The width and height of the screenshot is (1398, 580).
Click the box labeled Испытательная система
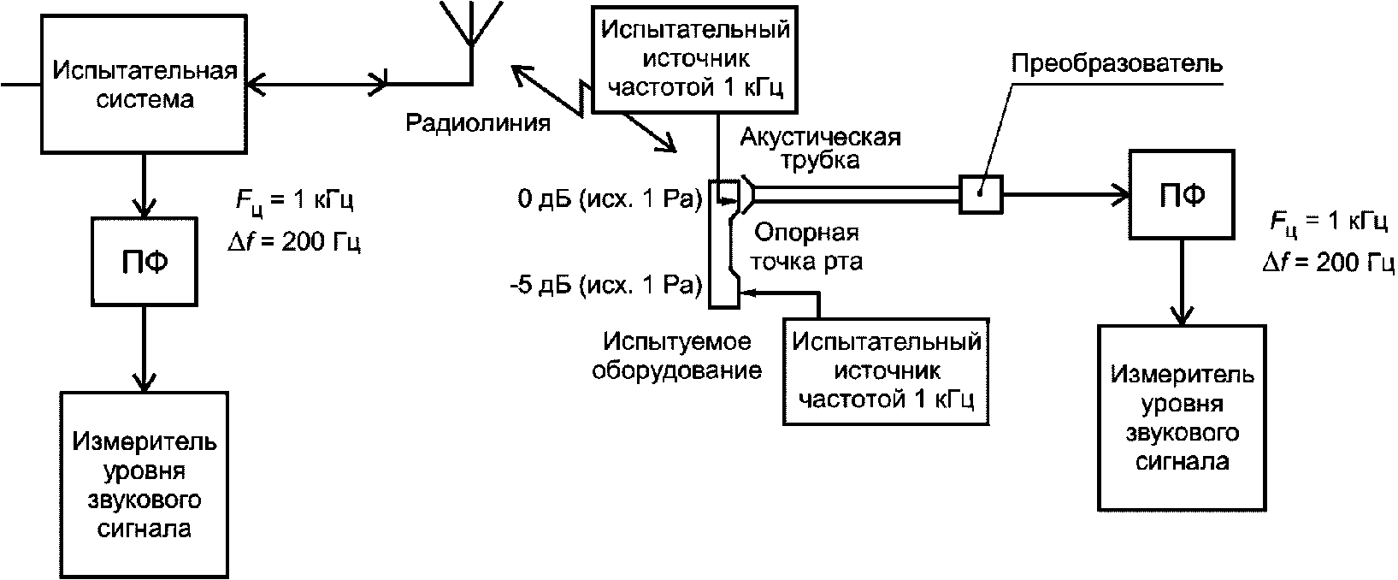[x=145, y=85]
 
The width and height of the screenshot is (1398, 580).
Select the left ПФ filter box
[x=145, y=262]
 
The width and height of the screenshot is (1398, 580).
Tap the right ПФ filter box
[x=1182, y=194]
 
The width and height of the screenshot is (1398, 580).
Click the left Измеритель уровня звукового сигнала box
[x=145, y=484]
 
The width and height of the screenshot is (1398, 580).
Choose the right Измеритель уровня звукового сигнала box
[x=1182, y=418]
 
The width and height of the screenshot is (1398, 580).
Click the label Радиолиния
[x=478, y=123]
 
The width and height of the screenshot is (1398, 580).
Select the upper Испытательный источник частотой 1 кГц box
[x=694, y=59]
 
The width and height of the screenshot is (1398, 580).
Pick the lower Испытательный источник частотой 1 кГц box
[x=886, y=372]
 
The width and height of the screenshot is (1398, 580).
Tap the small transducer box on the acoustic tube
[x=981, y=195]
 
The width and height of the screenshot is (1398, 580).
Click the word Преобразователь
[x=1117, y=64]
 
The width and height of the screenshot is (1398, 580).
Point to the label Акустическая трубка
[x=821, y=149]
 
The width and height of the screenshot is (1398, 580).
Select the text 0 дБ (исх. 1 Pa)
[x=610, y=199]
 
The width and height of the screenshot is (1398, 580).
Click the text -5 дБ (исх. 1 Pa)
[x=605, y=286]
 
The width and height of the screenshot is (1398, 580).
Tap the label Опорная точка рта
[x=806, y=247]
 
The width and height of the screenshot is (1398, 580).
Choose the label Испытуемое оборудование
[x=676, y=357]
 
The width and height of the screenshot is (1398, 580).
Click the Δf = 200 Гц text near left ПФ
[x=294, y=241]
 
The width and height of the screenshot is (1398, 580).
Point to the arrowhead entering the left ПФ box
[x=145, y=207]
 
